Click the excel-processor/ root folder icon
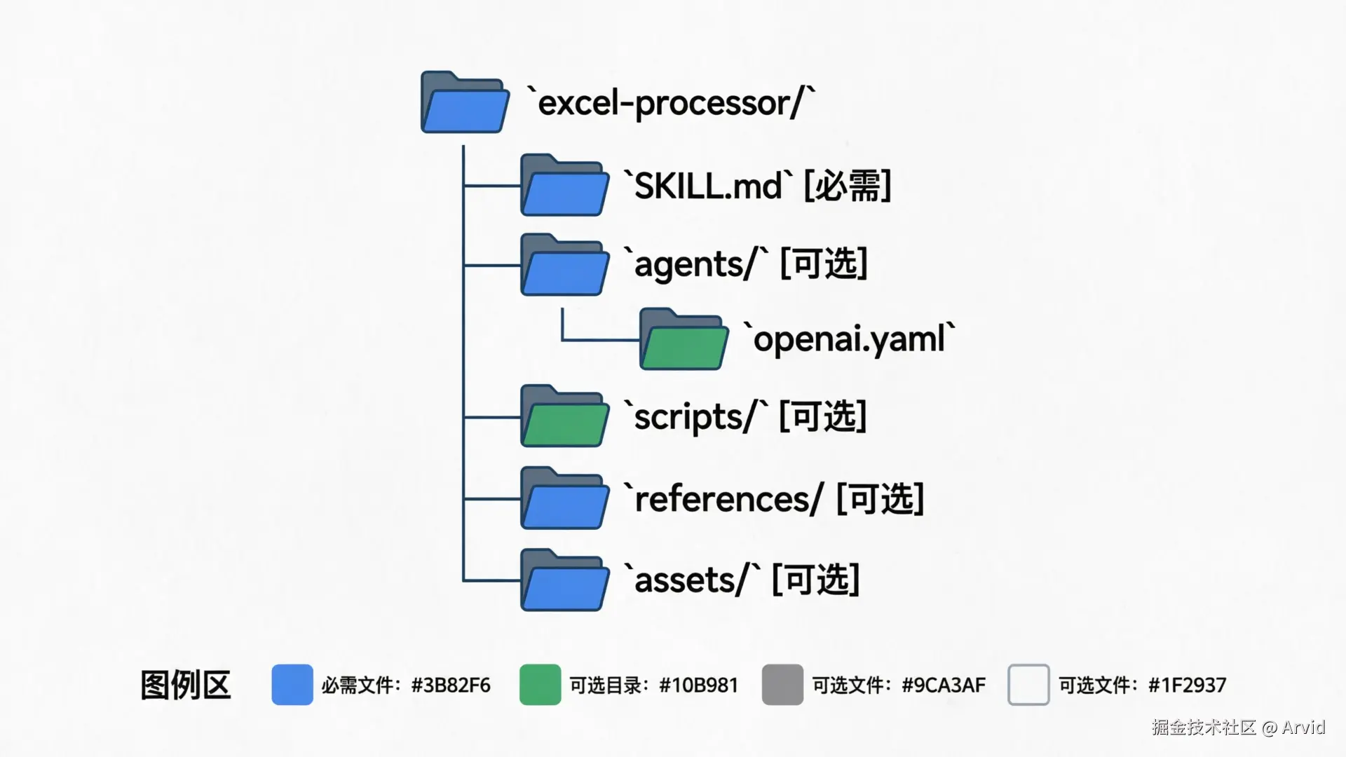tap(465, 103)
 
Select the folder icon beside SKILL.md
tap(564, 186)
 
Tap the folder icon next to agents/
tap(564, 265)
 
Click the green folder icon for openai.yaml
tap(684, 340)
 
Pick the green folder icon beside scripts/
tap(564, 416)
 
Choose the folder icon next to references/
tap(564, 498)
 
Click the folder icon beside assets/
tap(564, 580)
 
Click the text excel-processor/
tap(671, 104)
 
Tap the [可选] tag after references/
tap(880, 499)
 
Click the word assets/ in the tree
tap(691, 580)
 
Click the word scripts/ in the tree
tap(694, 417)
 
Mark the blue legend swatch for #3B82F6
tap(292, 685)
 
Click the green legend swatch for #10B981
tap(540, 685)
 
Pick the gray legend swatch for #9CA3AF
tap(782, 685)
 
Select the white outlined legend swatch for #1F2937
tap(1028, 685)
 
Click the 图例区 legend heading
tap(186, 685)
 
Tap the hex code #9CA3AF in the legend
tap(943, 685)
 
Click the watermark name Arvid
tap(1303, 727)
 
